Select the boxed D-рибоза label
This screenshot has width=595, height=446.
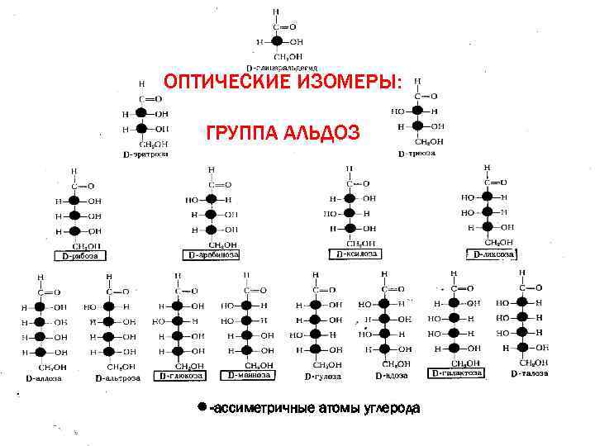coord(80,256)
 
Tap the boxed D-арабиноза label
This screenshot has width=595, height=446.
coord(214,255)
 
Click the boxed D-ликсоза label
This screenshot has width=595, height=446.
coord(493,254)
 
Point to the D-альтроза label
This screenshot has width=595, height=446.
coord(117,377)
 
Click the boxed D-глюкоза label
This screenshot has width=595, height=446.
coord(183,376)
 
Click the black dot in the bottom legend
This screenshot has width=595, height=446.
coord(202,407)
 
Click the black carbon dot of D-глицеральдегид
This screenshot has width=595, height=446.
coord(277,40)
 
